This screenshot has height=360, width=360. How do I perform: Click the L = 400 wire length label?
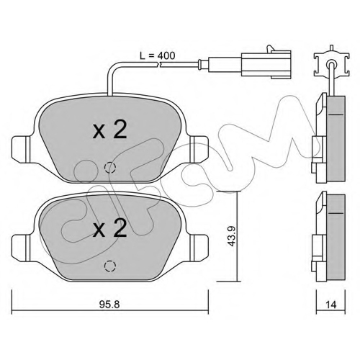pyautogui.click(x=158, y=55)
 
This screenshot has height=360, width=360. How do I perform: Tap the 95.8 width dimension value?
pyautogui.click(x=109, y=305)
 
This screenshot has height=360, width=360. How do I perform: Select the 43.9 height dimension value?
pyautogui.click(x=232, y=236)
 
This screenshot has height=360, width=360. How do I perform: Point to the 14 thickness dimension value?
pyautogui.click(x=331, y=305)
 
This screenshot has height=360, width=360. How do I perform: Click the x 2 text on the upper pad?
pyautogui.click(x=109, y=130)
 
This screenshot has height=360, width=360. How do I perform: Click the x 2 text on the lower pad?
pyautogui.click(x=109, y=228)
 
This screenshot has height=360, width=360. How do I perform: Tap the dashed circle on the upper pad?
pyautogui.click(x=110, y=168)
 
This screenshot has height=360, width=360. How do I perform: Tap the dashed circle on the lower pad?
pyautogui.click(x=110, y=266)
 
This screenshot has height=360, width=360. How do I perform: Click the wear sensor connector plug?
pyautogui.click(x=266, y=64)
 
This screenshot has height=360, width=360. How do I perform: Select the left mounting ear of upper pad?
pyautogui.click(x=21, y=148)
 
